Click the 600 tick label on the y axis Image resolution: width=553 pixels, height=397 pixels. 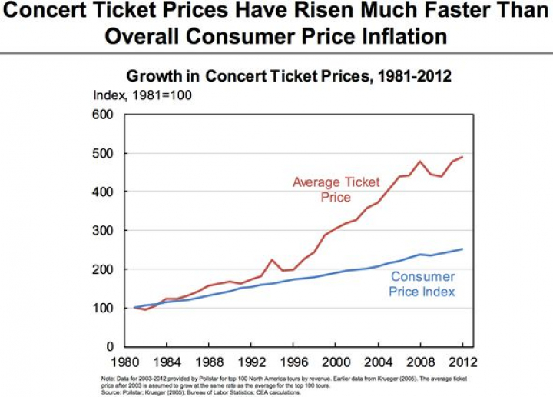(102, 115)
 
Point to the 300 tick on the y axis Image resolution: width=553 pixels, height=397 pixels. (102, 231)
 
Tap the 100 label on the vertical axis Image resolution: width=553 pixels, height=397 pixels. (102, 308)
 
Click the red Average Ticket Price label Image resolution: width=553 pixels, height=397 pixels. (332, 189)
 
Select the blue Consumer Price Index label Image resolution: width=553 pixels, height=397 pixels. (422, 284)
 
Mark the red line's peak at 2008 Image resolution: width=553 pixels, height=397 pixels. (419, 162)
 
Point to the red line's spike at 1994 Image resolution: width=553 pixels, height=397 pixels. (272, 259)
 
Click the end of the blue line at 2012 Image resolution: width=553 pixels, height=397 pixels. (462, 249)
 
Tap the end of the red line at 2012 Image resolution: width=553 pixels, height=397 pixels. (462, 157)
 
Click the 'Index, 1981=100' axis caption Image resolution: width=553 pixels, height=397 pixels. (142, 95)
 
